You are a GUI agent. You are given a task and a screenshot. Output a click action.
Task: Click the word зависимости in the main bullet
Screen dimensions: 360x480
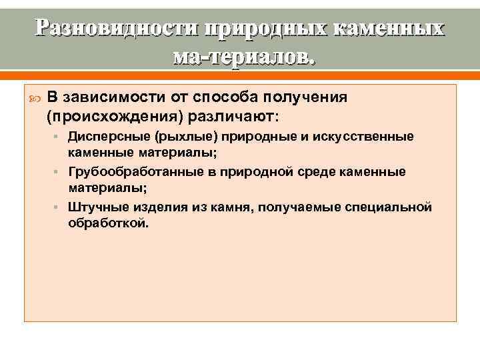(x=109, y=98)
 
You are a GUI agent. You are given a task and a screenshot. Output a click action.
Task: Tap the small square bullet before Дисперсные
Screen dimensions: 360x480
(x=59, y=137)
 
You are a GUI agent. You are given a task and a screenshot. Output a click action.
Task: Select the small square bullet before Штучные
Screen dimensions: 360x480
(x=59, y=208)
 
